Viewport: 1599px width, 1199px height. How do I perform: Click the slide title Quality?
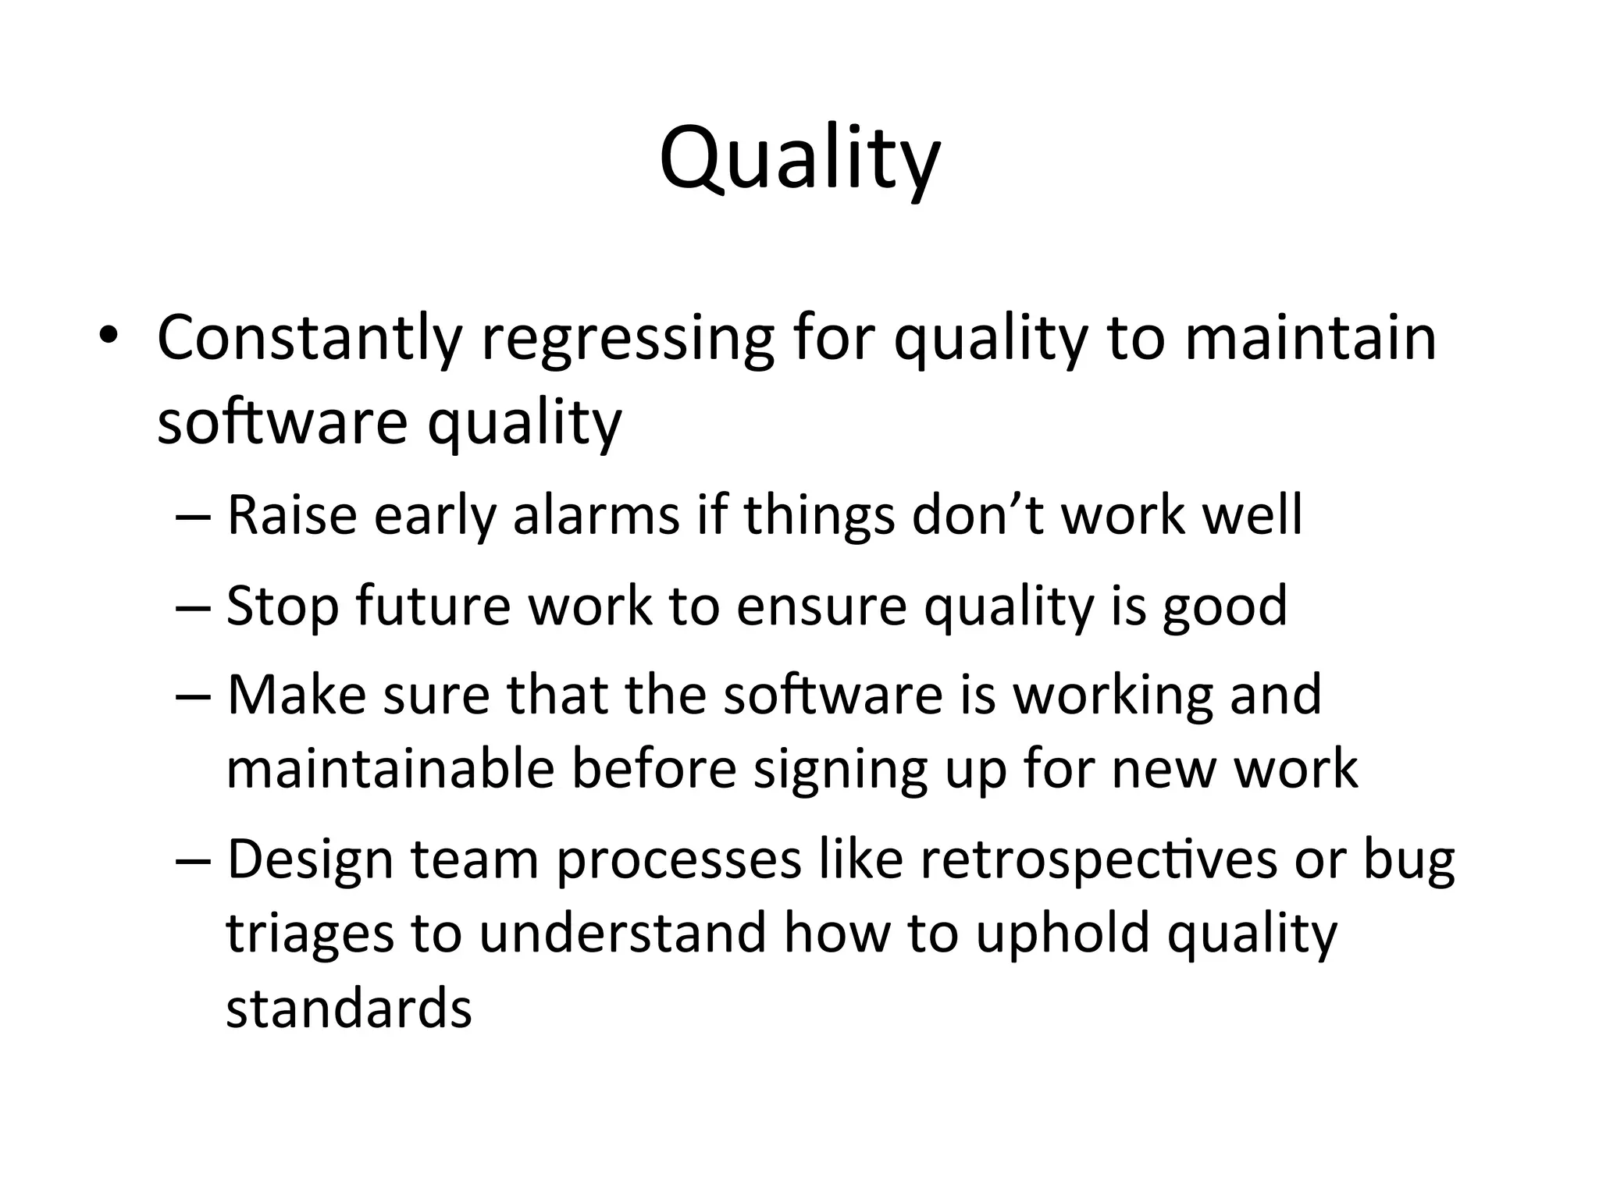tap(799, 160)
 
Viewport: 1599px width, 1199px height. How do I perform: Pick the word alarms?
tap(597, 516)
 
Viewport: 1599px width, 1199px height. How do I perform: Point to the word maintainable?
tap(390, 769)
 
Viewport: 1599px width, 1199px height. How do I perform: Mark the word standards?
tap(349, 1008)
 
